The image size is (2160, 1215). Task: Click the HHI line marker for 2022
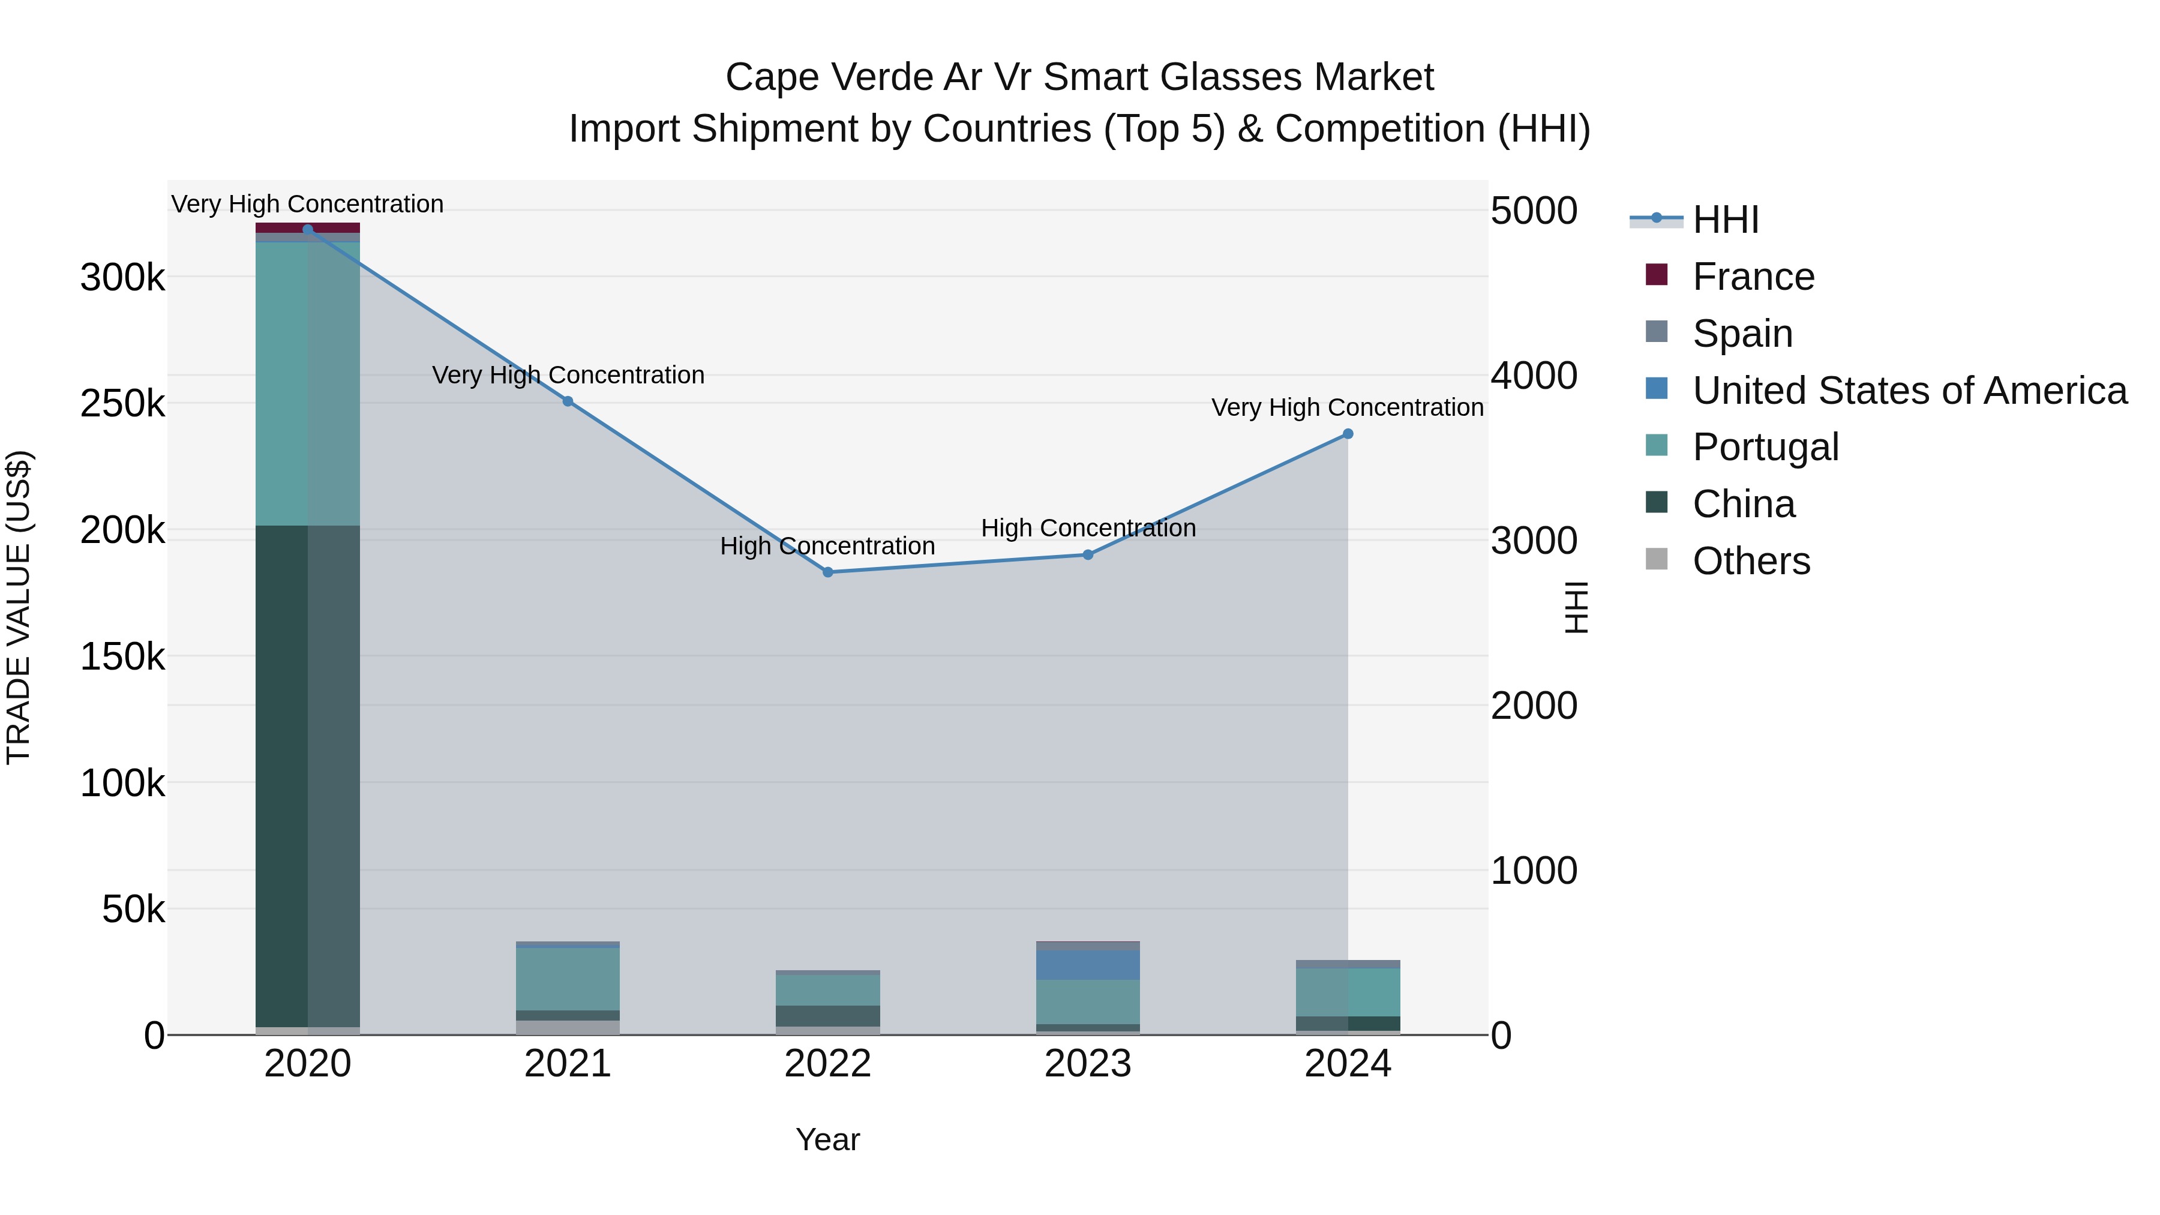(x=827, y=572)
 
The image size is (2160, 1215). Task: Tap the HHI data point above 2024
(x=1348, y=434)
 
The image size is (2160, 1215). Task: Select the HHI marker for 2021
(x=568, y=401)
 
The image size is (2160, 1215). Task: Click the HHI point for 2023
(x=1088, y=554)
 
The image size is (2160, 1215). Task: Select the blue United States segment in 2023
(x=1088, y=964)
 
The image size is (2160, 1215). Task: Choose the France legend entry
(x=1753, y=277)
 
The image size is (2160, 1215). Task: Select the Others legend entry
(x=1751, y=561)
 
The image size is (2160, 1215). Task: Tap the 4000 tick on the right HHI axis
(x=1534, y=376)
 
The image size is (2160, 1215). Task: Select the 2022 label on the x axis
(x=827, y=1064)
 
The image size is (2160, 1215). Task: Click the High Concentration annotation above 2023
(x=1088, y=528)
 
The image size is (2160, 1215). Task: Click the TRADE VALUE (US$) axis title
(x=19, y=607)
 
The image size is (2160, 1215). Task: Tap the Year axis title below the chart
(x=827, y=1139)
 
